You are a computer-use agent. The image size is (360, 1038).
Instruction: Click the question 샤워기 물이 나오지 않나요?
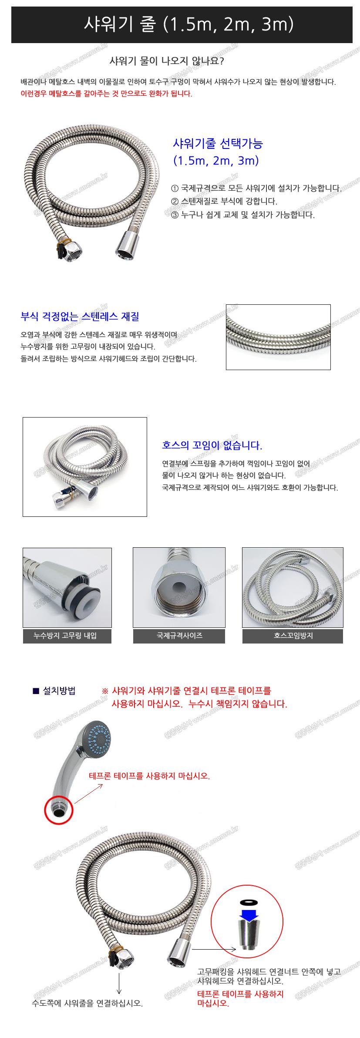click(167, 61)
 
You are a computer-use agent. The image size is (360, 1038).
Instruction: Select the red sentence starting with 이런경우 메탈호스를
click(106, 94)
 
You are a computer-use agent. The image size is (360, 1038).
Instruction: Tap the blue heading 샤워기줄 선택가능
click(218, 143)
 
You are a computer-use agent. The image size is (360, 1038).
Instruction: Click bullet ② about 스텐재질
click(224, 201)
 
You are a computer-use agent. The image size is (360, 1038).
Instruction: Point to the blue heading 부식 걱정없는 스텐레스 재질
click(80, 317)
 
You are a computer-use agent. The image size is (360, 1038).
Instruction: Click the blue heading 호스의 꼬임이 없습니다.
click(212, 445)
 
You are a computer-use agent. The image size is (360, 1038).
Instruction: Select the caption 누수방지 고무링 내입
click(67, 636)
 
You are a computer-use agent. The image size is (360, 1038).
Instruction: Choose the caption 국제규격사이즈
click(179, 636)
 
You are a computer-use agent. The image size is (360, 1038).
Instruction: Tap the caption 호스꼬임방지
click(293, 636)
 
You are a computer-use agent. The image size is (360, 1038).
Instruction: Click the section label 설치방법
click(59, 691)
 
